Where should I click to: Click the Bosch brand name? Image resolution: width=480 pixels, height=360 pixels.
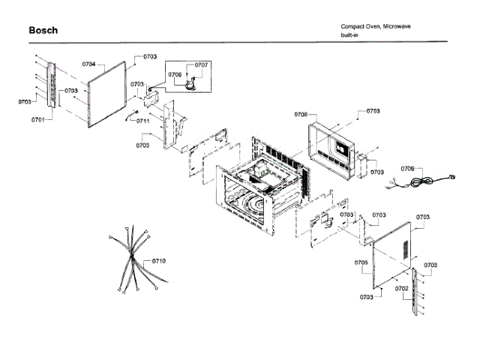(x=43, y=31)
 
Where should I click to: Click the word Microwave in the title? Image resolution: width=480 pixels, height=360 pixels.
(x=396, y=27)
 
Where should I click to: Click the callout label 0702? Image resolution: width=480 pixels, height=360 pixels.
(x=402, y=288)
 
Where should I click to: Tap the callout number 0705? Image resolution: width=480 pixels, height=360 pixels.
(x=361, y=263)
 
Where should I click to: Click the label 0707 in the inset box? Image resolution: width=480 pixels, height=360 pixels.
(x=201, y=65)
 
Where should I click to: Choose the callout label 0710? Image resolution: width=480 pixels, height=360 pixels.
(x=158, y=260)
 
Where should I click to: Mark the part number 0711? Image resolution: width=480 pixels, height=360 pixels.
(x=143, y=121)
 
